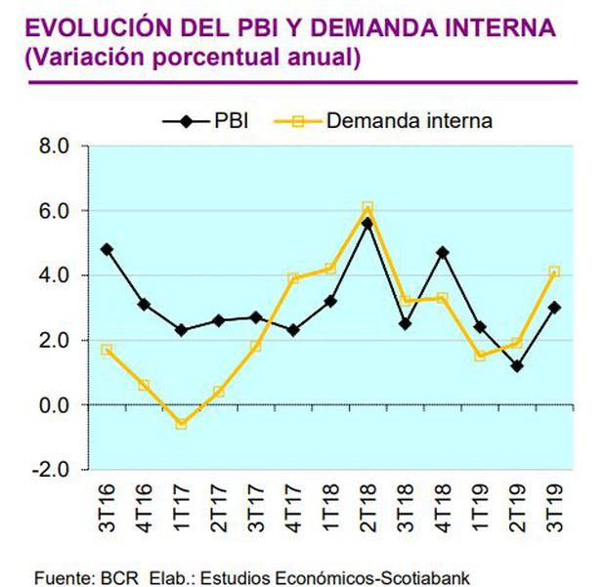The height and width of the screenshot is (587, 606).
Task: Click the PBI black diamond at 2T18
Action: pyautogui.click(x=368, y=223)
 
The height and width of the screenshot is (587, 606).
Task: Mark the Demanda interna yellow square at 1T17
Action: pyautogui.click(x=181, y=424)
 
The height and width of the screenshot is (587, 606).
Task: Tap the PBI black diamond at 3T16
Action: pyautogui.click(x=106, y=249)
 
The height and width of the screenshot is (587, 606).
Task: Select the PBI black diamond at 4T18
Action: pyautogui.click(x=443, y=252)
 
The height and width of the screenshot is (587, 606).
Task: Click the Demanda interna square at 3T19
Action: pyautogui.click(x=555, y=272)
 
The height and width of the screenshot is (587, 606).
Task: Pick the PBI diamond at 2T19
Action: pyautogui.click(x=517, y=366)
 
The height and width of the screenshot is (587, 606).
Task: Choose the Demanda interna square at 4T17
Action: pyautogui.click(x=292, y=278)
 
